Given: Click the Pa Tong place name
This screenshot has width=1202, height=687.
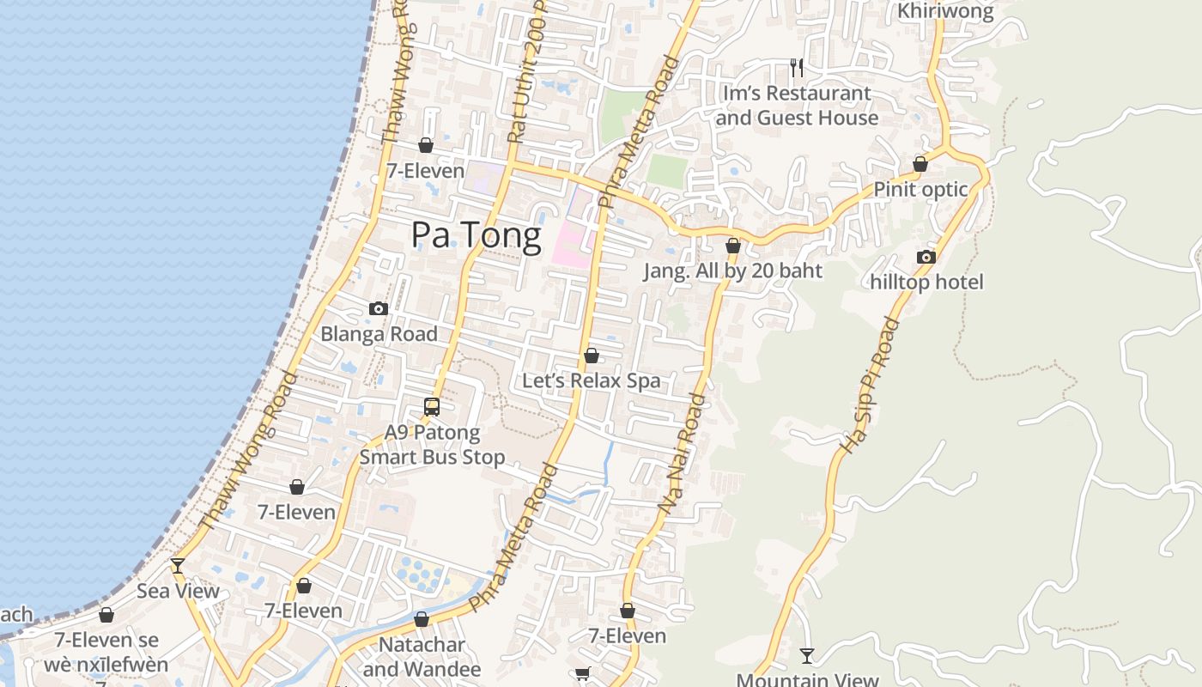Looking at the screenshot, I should click(477, 235).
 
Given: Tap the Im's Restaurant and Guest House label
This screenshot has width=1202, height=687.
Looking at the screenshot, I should click(797, 105).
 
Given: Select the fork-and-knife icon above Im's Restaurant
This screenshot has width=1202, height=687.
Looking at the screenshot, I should click(797, 67).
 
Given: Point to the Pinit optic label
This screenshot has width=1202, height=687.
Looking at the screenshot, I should click(920, 190).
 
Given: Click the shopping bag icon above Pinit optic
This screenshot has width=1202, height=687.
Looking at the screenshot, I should click(920, 163).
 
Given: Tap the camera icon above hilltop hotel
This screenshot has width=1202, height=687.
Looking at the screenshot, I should click(926, 257).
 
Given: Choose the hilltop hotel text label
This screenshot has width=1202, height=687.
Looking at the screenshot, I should click(926, 282).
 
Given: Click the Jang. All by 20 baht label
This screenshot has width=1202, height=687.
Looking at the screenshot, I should click(733, 271).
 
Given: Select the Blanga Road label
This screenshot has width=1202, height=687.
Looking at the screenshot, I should click(379, 334).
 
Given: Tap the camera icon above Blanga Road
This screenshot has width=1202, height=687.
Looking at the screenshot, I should click(379, 308).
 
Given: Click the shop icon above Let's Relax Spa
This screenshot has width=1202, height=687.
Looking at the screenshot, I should click(592, 355).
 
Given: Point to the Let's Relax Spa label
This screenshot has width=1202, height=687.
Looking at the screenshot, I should click(592, 380).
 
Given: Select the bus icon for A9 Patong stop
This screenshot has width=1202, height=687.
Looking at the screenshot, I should click(432, 407).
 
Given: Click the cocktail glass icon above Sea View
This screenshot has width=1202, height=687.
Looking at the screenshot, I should click(178, 566).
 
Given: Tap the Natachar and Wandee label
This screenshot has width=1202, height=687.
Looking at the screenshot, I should click(422, 657).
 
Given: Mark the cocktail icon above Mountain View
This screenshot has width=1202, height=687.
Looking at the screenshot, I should click(807, 656).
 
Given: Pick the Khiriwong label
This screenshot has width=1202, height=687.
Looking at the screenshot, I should click(945, 11).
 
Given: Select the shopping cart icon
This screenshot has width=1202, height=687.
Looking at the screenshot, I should click(582, 674).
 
